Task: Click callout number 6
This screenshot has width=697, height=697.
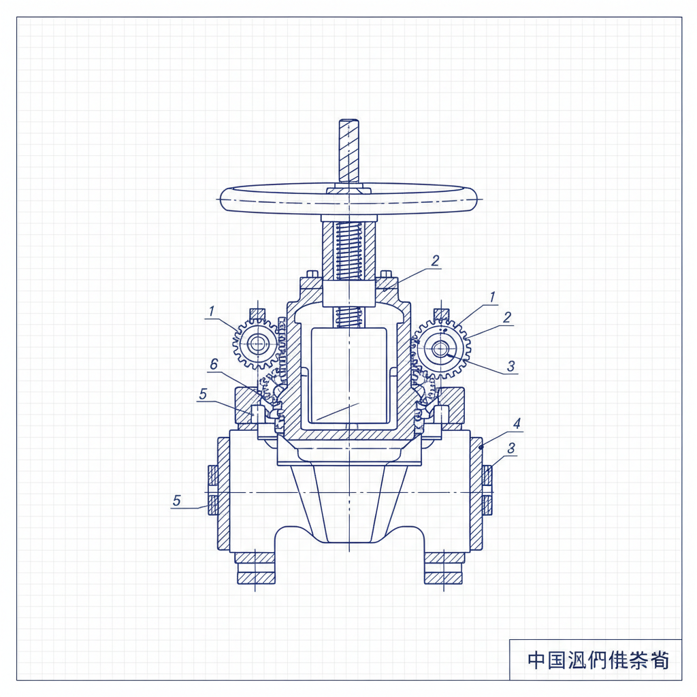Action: click(x=213, y=366)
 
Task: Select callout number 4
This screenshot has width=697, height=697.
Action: click(x=517, y=423)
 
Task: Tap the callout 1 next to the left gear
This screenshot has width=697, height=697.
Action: click(x=212, y=311)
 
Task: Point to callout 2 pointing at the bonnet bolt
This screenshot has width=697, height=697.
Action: click(x=436, y=260)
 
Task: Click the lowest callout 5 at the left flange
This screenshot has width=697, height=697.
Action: click(x=176, y=500)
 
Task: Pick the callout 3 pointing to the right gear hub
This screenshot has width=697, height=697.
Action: click(x=511, y=366)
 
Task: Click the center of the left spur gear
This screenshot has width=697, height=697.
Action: click(x=257, y=344)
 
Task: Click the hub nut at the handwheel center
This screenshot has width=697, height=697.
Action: click(x=348, y=191)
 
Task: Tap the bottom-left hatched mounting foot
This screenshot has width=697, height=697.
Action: click(x=256, y=566)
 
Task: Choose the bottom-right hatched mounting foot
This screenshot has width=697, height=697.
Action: click(x=444, y=566)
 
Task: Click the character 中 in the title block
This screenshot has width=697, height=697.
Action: click(x=536, y=660)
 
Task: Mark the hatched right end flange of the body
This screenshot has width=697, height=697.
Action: click(x=476, y=493)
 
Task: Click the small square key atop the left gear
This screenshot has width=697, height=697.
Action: click(x=257, y=314)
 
